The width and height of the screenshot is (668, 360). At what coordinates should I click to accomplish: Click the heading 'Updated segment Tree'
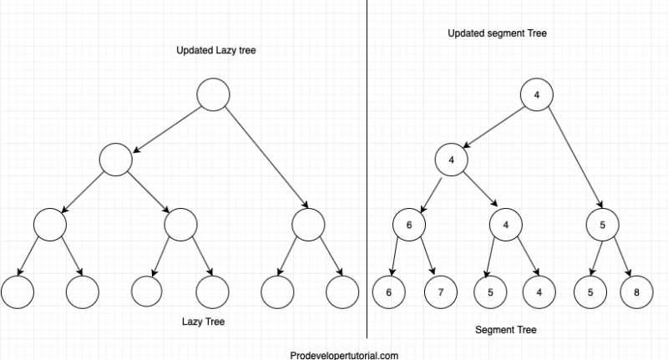497,33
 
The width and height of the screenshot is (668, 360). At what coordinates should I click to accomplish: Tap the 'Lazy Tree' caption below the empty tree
204,321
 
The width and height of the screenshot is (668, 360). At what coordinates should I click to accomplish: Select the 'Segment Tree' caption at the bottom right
506,330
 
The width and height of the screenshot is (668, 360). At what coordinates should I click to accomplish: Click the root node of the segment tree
537,94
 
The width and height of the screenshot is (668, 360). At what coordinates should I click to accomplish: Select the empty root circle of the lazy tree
213,94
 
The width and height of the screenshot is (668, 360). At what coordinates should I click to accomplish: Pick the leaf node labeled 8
636,292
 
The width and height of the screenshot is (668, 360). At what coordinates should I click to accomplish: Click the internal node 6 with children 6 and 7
409,225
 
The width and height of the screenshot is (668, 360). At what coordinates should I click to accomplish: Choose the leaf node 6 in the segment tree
389,292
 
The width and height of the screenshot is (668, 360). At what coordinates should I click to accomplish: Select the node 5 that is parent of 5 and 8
604,225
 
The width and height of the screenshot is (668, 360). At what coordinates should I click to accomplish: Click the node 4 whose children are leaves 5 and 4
506,225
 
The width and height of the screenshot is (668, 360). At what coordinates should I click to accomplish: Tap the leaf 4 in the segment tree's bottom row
539,292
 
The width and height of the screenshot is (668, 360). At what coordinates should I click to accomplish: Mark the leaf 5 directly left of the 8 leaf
589,292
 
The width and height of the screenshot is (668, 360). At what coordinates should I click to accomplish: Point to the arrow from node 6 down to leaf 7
426,258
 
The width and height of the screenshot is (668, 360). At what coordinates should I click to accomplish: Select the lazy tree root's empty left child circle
115,160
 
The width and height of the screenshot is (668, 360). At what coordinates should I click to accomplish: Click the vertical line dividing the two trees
367,167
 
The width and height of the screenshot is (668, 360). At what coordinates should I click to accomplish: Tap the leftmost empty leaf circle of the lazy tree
18,292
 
